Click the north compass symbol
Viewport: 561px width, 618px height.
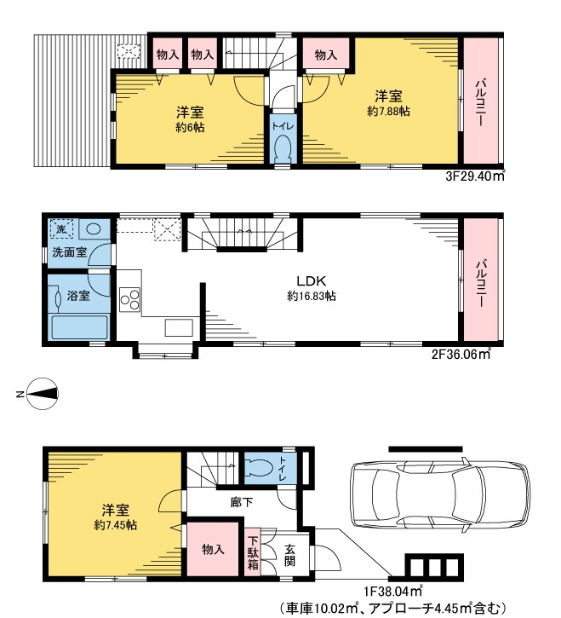pyautogui.click(x=43, y=394)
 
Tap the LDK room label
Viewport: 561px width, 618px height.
pyautogui.click(x=311, y=281)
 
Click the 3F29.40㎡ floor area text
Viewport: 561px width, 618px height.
pyautogui.click(x=475, y=176)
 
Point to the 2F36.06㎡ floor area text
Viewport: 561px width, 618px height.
pyautogui.click(x=461, y=355)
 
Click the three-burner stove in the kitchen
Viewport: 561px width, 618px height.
pyautogui.click(x=130, y=299)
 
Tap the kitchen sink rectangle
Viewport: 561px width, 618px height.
pyautogui.click(x=179, y=327)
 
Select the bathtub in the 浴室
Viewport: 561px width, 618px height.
pyautogui.click(x=80, y=326)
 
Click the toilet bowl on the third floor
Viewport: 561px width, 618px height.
pyautogui.click(x=283, y=148)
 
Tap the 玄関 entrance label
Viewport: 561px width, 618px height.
pyautogui.click(x=290, y=555)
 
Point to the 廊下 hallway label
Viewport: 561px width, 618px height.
pyautogui.click(x=241, y=502)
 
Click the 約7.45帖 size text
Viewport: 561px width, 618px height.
pyautogui.click(x=115, y=525)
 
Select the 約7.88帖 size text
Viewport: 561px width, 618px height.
pyautogui.click(x=388, y=112)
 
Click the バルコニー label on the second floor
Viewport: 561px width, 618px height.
pyautogui.click(x=480, y=283)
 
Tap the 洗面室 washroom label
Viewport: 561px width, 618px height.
pyautogui.click(x=69, y=252)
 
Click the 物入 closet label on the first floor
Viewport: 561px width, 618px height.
pyautogui.click(x=213, y=549)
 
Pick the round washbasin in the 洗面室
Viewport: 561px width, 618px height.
pyautogui.click(x=94, y=228)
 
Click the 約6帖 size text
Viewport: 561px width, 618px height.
pyautogui.click(x=190, y=128)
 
